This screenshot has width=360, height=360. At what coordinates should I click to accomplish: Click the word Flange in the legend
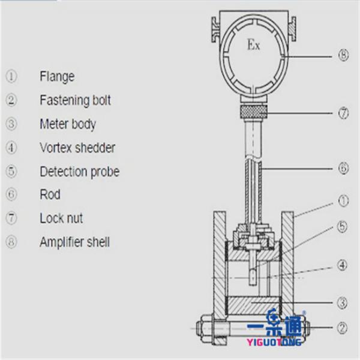(x=57, y=76)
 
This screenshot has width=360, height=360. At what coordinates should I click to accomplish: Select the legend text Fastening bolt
(x=75, y=100)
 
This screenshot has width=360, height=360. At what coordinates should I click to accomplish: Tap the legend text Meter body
(x=68, y=124)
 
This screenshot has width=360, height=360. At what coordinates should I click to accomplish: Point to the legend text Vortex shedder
(x=77, y=148)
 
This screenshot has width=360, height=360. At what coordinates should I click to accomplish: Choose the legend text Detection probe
(x=79, y=172)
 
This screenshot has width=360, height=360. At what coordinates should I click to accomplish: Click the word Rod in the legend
(x=50, y=195)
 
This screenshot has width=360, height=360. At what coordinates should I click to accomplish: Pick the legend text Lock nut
(x=61, y=218)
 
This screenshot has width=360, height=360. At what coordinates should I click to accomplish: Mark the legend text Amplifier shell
(x=74, y=242)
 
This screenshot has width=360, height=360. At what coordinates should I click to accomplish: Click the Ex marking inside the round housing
(x=254, y=46)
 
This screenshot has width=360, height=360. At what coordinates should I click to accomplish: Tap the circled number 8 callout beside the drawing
(x=343, y=56)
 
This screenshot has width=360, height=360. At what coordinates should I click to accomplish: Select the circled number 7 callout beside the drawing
(x=343, y=113)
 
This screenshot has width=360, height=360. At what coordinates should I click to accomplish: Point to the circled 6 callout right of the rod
(x=343, y=169)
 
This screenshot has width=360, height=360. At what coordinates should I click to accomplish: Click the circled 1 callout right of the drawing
(x=343, y=200)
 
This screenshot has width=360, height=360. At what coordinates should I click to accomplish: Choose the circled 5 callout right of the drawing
(x=343, y=227)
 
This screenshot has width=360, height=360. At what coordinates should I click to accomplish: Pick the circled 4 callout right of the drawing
(x=343, y=264)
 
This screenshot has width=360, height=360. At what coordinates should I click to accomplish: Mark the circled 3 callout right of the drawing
(x=343, y=303)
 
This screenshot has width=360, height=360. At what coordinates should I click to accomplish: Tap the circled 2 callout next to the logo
(x=343, y=328)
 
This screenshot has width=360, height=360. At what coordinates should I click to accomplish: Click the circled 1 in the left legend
(x=11, y=76)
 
